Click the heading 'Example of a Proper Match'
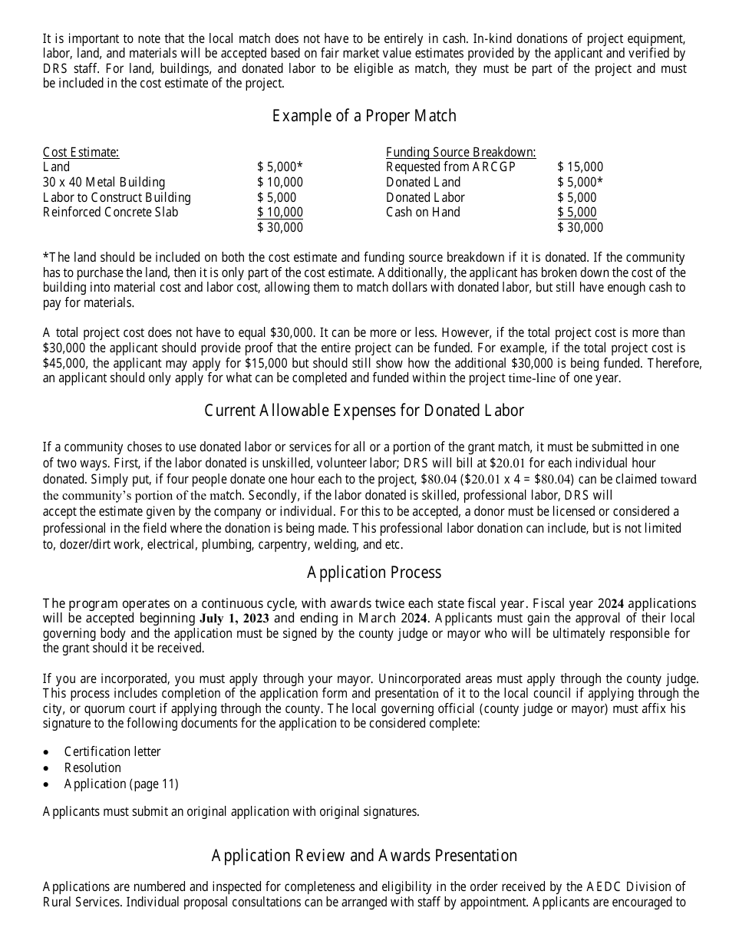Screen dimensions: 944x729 point(364,116)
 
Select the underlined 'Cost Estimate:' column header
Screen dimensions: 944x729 point(81,152)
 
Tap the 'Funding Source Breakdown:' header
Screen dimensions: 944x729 point(460,152)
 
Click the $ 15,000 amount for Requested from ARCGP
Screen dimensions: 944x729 point(580,167)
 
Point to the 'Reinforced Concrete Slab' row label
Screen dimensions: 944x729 point(111,212)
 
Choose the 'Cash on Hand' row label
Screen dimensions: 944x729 point(423,212)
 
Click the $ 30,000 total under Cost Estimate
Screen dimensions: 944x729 point(280,227)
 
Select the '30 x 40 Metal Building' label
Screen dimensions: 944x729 point(104,182)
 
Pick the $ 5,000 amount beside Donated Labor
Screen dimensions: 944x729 point(576,197)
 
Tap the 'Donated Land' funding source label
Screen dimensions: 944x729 point(423,182)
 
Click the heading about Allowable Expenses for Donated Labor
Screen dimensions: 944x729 point(364,411)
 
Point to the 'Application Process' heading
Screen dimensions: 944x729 point(374,573)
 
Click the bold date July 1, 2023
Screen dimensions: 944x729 point(234,619)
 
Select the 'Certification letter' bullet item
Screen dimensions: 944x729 point(113,751)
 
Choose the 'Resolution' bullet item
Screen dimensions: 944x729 point(93,767)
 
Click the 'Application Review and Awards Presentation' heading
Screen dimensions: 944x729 point(364,856)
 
